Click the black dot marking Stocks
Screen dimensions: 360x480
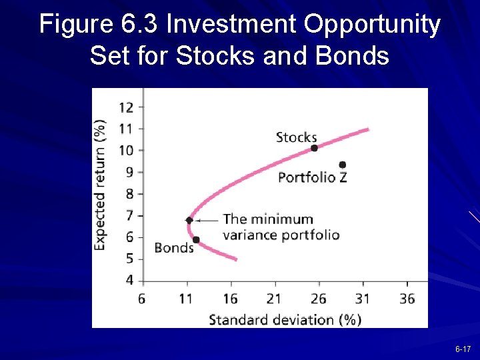point(315,148)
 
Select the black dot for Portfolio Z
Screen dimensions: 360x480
point(343,165)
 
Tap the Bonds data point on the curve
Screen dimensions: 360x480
point(196,240)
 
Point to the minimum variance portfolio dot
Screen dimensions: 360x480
point(189,220)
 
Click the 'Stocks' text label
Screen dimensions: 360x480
point(296,137)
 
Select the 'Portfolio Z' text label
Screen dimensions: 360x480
point(312,177)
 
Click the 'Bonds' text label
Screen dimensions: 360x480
point(173,248)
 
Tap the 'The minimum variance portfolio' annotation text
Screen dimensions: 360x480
point(280,227)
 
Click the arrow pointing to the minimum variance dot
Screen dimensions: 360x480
point(208,220)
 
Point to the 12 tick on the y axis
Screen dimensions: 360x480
point(126,107)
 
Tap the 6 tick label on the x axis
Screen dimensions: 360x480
point(142,298)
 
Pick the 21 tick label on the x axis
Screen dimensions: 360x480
point(273,298)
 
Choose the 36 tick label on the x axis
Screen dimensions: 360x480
point(407,298)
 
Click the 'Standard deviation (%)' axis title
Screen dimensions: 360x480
point(285,319)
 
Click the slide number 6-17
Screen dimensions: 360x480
point(463,349)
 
